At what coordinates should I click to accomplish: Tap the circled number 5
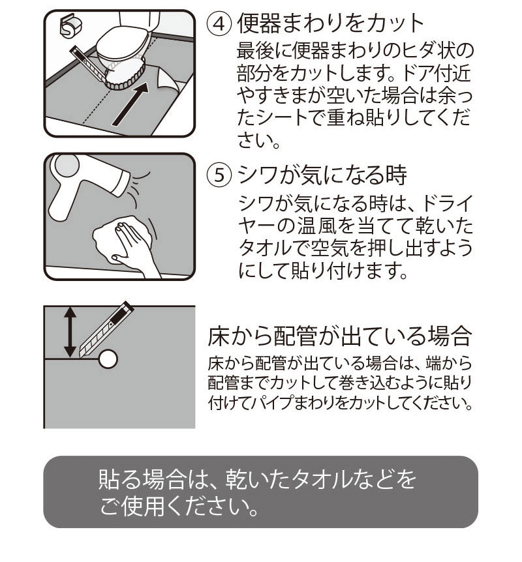coord(220,175)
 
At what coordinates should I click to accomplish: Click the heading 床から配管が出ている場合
coord(339,336)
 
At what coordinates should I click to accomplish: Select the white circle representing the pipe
coord(108,358)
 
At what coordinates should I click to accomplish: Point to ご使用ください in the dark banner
coord(176,505)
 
